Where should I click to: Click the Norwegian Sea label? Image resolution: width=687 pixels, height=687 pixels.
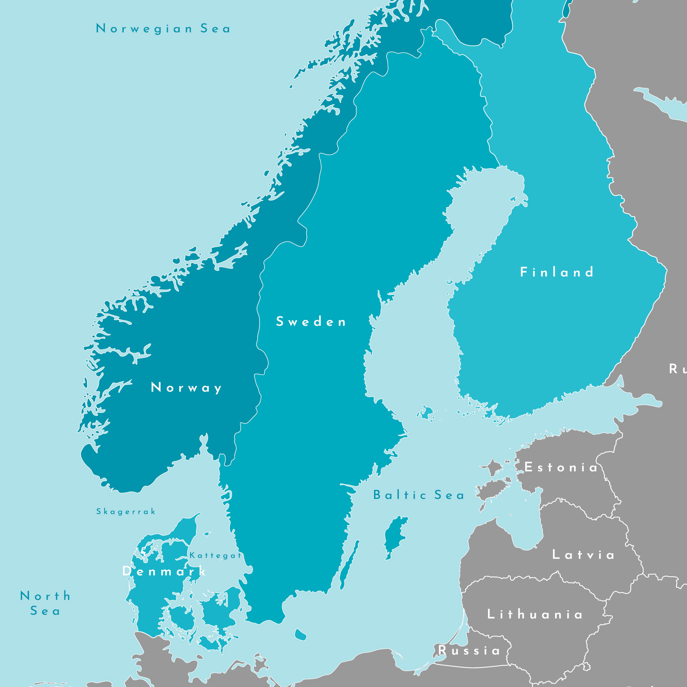163,28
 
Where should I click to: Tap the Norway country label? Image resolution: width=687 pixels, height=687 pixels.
186,387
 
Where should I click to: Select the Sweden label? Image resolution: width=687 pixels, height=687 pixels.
311,322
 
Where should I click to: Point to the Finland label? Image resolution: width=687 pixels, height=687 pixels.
557,272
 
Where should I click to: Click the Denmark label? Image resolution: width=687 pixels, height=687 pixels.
164,571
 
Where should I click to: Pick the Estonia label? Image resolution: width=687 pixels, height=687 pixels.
561,467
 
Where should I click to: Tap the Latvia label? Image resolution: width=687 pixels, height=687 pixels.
583,555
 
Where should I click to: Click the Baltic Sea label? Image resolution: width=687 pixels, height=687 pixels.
419,495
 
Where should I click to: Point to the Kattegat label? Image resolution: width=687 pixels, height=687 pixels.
216,555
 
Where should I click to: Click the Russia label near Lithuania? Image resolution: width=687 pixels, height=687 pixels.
469,650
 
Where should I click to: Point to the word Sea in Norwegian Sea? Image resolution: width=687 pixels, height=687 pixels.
215,28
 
